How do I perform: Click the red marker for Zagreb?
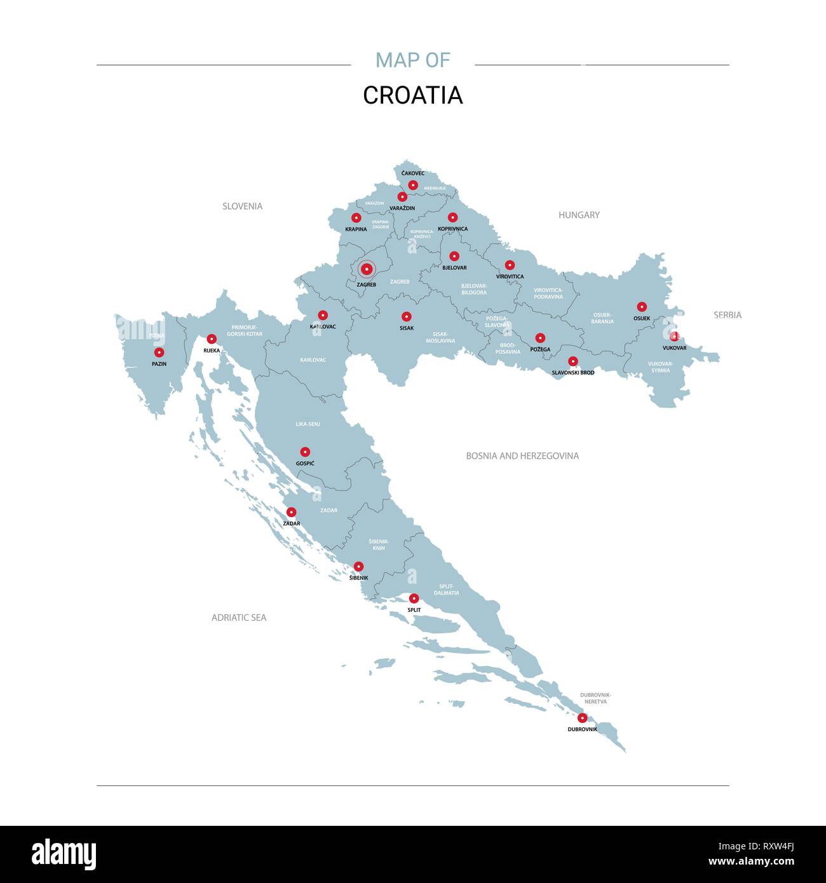tap(366, 269)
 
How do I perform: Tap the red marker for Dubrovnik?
tap(582, 718)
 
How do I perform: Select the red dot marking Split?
tap(414, 598)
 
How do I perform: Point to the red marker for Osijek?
tap(642, 307)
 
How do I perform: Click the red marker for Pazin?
tap(159, 353)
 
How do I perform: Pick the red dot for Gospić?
tap(305, 452)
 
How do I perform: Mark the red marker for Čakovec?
tap(413, 185)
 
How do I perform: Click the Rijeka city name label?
tap(212, 351)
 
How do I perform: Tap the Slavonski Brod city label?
tap(572, 373)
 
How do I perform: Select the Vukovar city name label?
tap(674, 348)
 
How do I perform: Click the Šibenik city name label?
tap(358, 578)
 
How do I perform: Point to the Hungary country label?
tap(579, 215)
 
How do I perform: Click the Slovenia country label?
tap(242, 206)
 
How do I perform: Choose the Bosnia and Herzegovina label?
tap(522, 456)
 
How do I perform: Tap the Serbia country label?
tap(727, 315)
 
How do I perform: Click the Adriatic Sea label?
tap(239, 617)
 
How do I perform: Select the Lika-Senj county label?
tap(308, 424)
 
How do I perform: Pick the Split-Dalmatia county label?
tap(446, 590)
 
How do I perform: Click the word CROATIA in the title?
tap(412, 95)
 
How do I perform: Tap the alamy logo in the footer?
tap(64, 854)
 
